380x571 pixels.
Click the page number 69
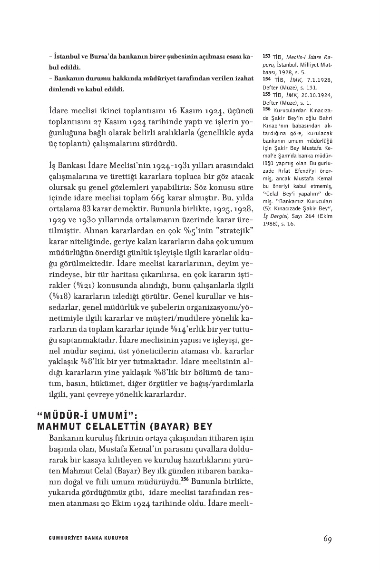327,539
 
